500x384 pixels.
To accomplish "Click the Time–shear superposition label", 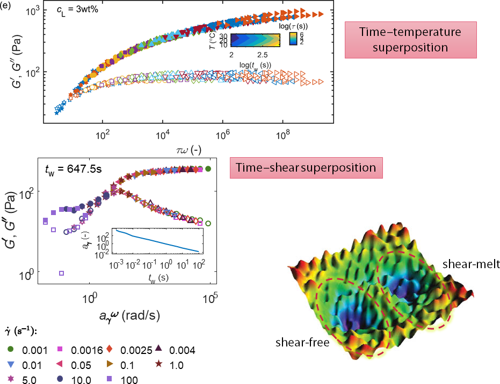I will point(306,167).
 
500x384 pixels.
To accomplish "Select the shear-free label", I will point(303,342).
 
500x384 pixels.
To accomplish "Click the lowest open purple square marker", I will point(61,273).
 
